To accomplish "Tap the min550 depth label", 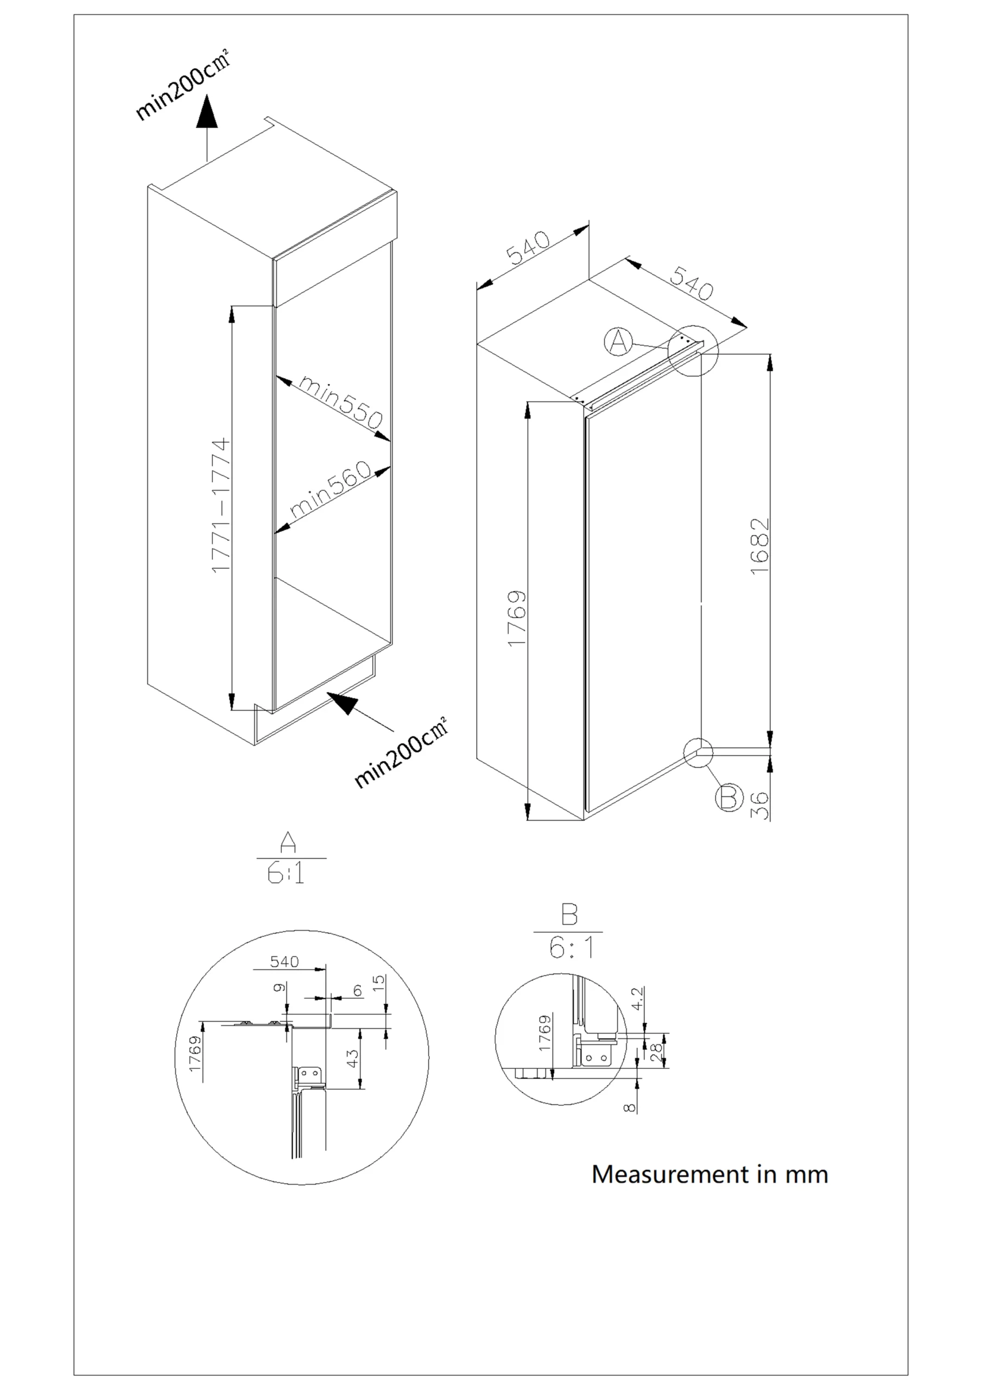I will (x=341, y=401).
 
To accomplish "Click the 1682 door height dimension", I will (x=759, y=547).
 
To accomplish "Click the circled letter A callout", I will (x=618, y=342).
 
